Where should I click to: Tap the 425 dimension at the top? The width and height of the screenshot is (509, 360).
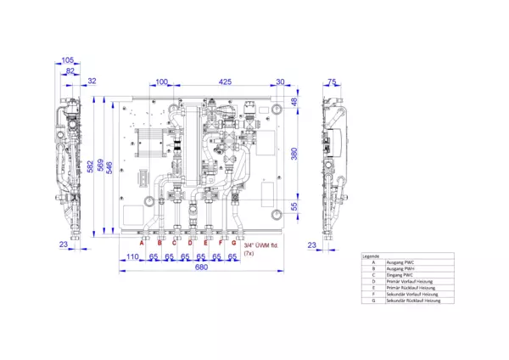pos(225,82)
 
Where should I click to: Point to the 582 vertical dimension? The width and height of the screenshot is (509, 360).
pos(90,166)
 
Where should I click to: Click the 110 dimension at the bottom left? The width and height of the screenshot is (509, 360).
pos(132,256)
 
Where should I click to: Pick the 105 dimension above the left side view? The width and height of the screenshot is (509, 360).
pos(69,60)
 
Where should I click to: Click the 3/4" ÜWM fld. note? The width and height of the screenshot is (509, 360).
pos(260,245)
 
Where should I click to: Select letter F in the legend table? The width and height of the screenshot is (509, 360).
pos(372,295)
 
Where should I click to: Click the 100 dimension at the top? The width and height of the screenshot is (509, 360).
pos(161,82)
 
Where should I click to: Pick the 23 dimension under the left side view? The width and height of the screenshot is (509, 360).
pos(63,245)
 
